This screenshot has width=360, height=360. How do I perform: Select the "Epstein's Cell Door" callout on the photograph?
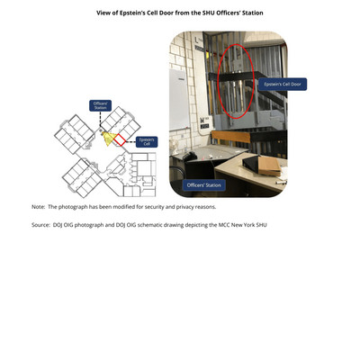point(283,85)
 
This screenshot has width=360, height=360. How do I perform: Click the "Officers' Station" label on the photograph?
point(204,185)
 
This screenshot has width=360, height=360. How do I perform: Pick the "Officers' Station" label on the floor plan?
point(100,105)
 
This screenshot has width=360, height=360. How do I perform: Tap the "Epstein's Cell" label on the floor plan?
point(147,142)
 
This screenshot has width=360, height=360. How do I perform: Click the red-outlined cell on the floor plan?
point(120,140)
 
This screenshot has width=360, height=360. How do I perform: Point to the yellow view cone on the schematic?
point(109,138)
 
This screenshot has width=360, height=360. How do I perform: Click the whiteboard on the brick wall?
point(179,100)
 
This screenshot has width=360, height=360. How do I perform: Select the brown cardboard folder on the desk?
point(269,166)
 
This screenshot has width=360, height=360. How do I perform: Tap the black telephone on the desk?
point(190,156)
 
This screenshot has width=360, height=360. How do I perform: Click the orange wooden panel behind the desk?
point(230,137)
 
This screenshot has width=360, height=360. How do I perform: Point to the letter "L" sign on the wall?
point(197,40)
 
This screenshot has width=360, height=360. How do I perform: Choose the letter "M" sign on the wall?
point(202,121)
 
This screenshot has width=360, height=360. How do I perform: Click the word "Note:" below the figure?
point(39,207)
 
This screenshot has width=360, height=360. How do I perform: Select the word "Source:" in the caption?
point(40,225)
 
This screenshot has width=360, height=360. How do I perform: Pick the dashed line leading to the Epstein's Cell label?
point(130,141)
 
